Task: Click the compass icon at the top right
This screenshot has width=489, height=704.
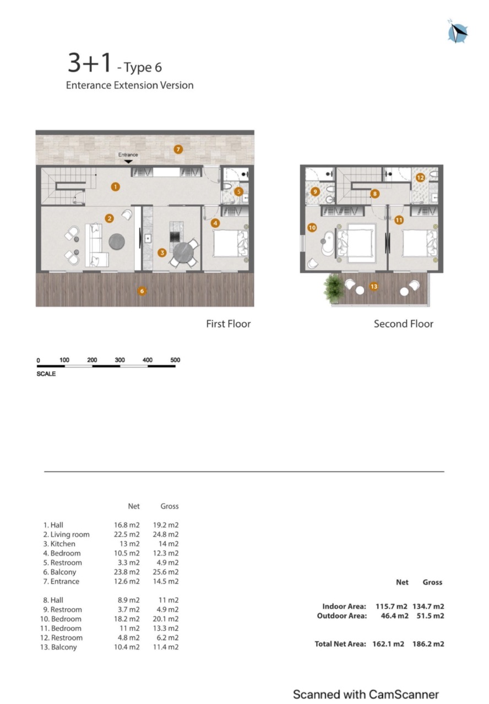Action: tap(457, 31)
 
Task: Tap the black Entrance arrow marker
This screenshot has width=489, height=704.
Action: tap(128, 162)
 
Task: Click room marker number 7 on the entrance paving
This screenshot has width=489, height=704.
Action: tap(178, 149)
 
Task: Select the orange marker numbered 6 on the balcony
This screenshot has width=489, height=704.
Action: tap(142, 291)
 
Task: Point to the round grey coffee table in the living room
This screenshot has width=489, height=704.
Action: tap(117, 241)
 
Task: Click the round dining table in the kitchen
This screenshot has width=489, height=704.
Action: tap(183, 251)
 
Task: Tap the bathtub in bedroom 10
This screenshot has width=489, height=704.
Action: tap(328, 243)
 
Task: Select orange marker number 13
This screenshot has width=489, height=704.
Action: tap(374, 287)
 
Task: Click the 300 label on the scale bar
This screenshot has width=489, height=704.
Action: tap(119, 360)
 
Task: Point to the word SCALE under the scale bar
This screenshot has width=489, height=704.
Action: tap(46, 373)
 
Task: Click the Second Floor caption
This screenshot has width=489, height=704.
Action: tap(404, 324)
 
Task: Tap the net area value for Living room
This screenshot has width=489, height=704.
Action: tap(127, 534)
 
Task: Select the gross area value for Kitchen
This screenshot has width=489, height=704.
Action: tap(169, 544)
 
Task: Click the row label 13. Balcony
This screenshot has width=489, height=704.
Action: tap(58, 647)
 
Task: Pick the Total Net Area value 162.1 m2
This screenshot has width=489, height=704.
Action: tap(388, 644)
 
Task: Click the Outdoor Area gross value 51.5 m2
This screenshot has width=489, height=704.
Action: tap(431, 615)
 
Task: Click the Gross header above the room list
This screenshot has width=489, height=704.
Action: tap(170, 506)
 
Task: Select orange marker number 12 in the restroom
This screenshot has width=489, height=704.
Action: tap(420, 178)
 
